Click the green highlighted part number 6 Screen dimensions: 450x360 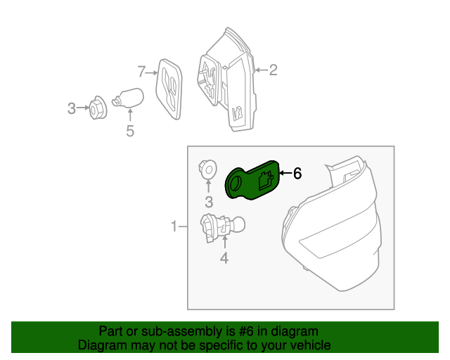pyautogui.click(x=252, y=180)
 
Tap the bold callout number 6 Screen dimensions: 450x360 pyautogui.click(x=297, y=174)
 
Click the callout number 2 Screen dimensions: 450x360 pyautogui.click(x=274, y=70)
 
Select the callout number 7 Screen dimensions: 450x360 pyautogui.click(x=141, y=72)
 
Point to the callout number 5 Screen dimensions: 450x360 pyautogui.click(x=130, y=131)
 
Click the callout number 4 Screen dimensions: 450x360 pyautogui.click(x=224, y=258)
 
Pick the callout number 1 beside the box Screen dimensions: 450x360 pyautogui.click(x=174, y=226)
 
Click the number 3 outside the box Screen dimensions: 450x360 pyautogui.click(x=72, y=108)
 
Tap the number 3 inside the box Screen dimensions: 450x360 pyautogui.click(x=209, y=202)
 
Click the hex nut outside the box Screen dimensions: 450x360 pyautogui.click(x=98, y=108)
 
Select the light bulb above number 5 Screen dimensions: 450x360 pyautogui.click(x=128, y=98)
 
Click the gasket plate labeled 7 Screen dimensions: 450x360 pyautogui.click(x=169, y=89)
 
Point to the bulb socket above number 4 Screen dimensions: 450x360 pyautogui.click(x=222, y=228)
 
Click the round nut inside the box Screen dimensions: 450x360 pyautogui.click(x=207, y=169)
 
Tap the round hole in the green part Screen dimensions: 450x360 pyautogui.click(x=236, y=183)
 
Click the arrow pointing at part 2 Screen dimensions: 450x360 pyautogui.click(x=261, y=70)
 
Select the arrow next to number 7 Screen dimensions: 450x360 pyautogui.click(x=152, y=73)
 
